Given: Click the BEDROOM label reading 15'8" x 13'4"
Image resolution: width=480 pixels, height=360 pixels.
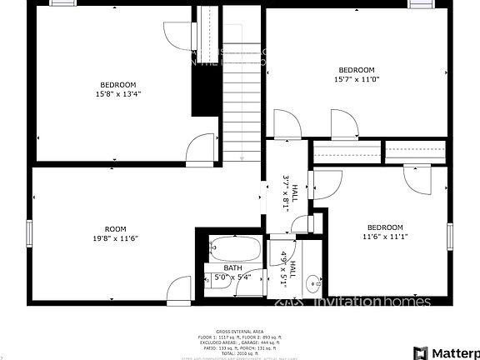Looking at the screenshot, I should tap(118, 85).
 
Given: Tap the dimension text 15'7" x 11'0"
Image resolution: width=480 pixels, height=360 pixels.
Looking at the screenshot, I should tap(356, 79).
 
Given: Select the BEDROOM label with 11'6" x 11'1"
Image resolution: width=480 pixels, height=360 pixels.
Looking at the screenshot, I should tap(385, 227).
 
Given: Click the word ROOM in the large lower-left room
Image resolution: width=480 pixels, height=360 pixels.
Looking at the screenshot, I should tap(115, 229).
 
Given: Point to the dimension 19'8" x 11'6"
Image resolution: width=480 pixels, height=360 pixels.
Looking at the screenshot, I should tap(115, 239).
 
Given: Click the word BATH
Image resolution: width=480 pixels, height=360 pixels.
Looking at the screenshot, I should tap(232, 267).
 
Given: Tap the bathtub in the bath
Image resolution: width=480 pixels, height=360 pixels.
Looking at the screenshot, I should tap(236, 248).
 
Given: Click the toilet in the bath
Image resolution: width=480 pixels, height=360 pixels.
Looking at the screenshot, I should tap(218, 281).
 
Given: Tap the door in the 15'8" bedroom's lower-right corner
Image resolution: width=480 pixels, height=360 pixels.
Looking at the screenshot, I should tap(200, 147).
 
